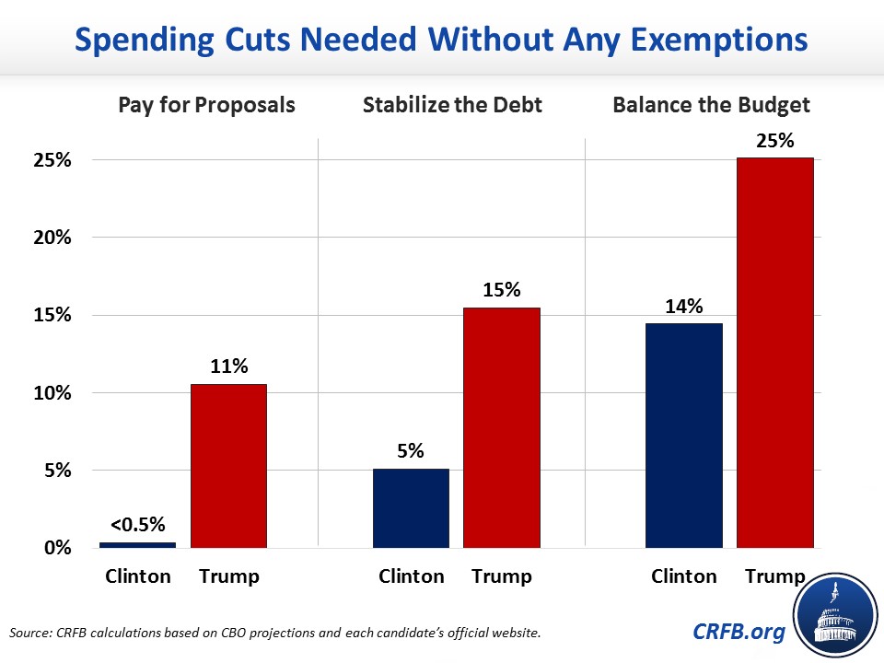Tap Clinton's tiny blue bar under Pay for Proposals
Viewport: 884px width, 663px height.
tap(137, 544)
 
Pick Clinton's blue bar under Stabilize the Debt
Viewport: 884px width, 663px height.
tap(411, 508)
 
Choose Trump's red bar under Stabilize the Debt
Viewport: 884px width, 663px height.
tap(501, 427)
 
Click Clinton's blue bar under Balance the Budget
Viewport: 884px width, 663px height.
tap(683, 436)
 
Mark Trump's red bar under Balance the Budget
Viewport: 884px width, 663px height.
tap(774, 353)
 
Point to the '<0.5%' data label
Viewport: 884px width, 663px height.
tap(137, 525)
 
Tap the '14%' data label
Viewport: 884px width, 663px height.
tap(683, 306)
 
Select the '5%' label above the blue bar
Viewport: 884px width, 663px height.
tap(411, 451)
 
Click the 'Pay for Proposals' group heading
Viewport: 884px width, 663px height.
tap(206, 104)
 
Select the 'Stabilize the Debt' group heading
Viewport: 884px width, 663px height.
tap(452, 104)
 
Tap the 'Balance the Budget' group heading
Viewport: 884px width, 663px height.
tap(712, 104)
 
